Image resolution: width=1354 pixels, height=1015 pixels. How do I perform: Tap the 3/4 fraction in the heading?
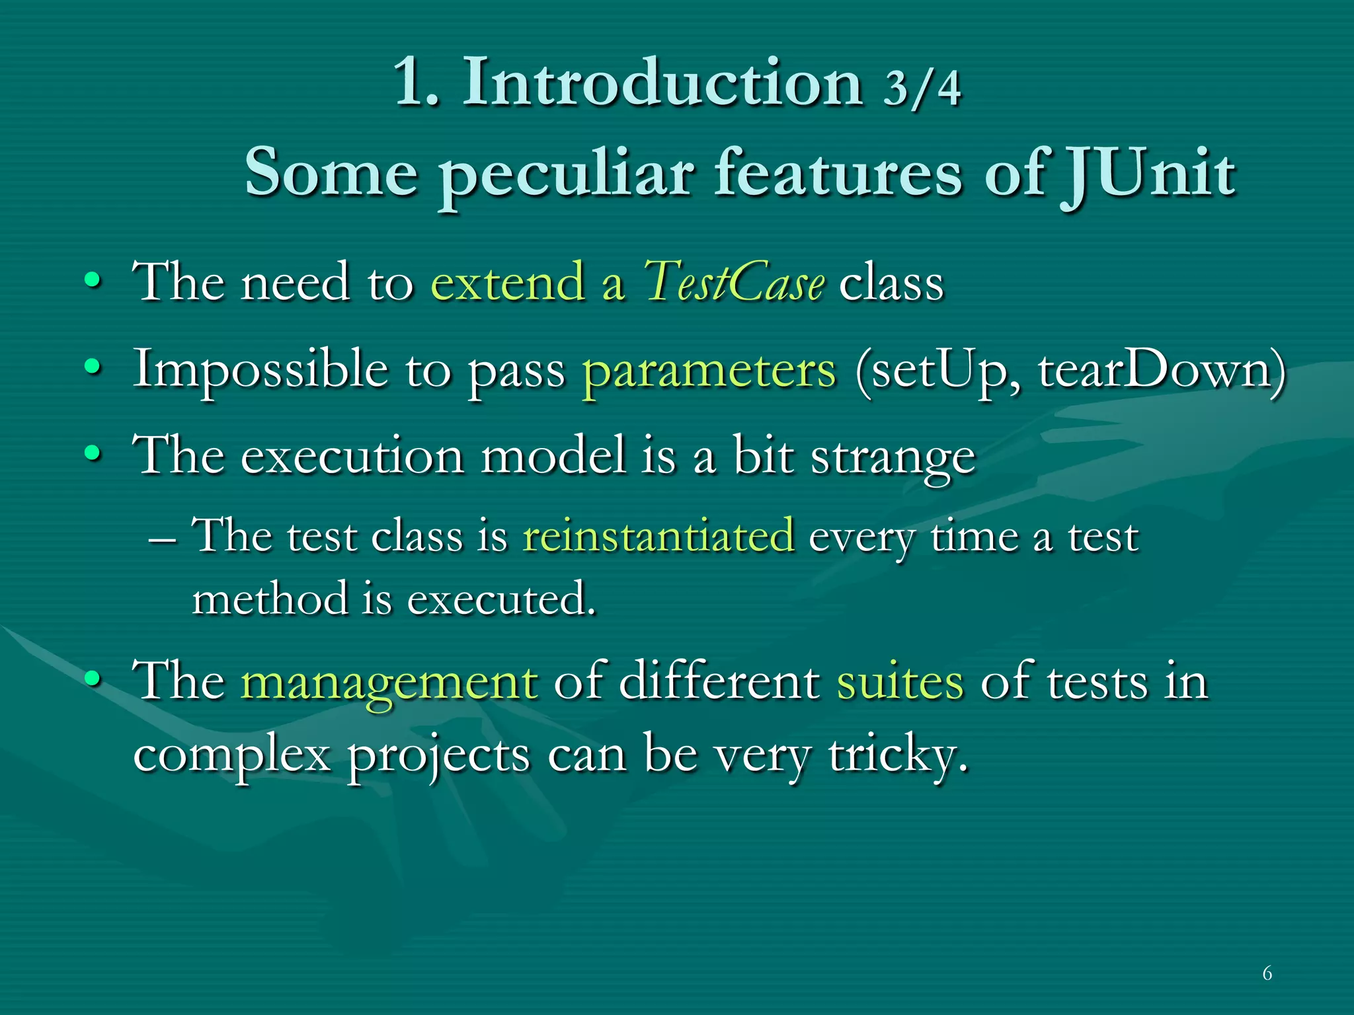pos(922,88)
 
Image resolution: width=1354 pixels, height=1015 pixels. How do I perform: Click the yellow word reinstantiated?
pos(658,536)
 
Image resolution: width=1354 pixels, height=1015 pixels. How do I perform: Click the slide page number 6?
pos(1267,973)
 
